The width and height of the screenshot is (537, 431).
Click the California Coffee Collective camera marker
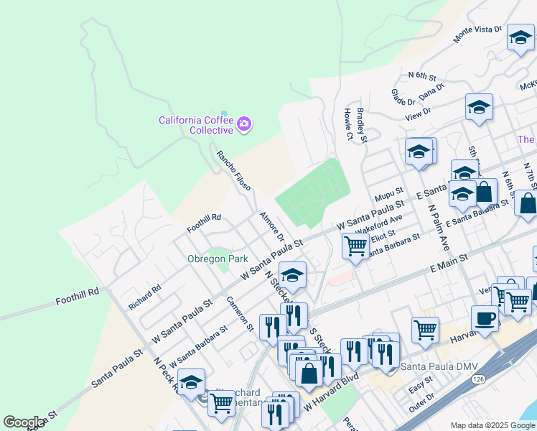pos(244,124)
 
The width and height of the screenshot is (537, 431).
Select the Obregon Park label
pos(218,259)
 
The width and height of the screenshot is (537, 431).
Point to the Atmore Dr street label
pos(272,226)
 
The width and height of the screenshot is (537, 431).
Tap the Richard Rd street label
pos(145,297)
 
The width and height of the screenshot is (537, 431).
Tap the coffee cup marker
pos(485,320)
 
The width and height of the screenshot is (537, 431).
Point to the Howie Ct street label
pos(347,124)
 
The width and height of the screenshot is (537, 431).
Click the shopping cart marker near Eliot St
pos(356,246)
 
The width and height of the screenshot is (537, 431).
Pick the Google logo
pos(24,422)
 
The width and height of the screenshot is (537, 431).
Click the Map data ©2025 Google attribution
pos(492,425)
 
